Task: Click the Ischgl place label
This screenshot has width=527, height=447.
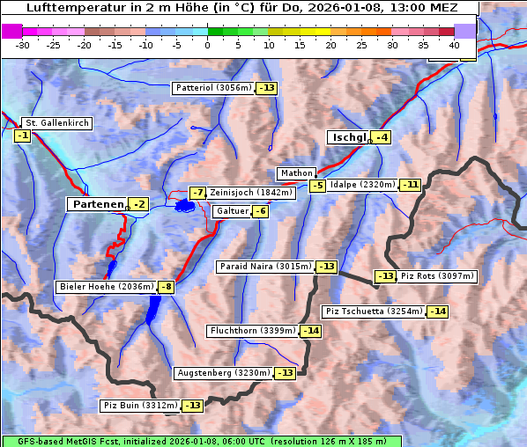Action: [349, 137]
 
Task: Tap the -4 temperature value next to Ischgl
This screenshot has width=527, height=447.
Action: [381, 137]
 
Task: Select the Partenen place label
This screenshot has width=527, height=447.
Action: [97, 204]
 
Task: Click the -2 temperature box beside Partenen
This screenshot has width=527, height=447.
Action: [138, 204]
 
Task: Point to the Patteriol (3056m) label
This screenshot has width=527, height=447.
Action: [213, 88]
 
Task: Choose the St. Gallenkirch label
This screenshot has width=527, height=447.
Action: [56, 123]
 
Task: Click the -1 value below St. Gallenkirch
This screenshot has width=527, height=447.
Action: [22, 136]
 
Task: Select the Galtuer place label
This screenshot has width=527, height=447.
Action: [232, 211]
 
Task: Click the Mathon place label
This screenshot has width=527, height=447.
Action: [295, 173]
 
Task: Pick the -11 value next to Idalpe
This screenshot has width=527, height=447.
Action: [410, 185]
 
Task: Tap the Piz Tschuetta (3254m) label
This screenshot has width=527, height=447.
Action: [374, 311]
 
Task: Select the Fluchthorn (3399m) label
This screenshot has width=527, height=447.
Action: [252, 331]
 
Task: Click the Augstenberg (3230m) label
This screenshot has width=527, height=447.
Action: [223, 373]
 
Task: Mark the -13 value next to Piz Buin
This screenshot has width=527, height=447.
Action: [193, 406]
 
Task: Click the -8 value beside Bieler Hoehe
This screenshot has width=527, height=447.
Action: [166, 287]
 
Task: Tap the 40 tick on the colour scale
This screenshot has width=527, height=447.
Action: [454, 44]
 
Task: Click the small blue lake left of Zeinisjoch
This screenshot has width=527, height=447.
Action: [184, 206]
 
